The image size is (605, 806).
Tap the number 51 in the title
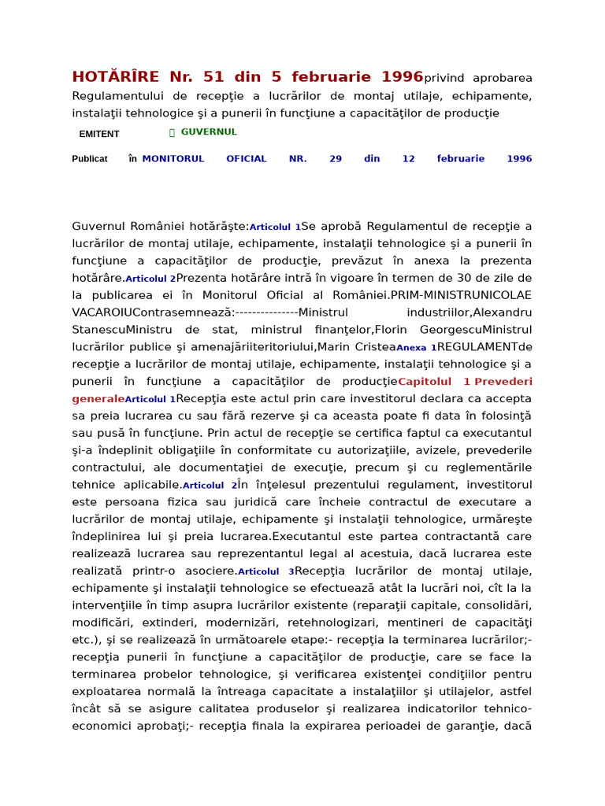tap(213, 77)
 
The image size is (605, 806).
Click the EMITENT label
tap(99, 135)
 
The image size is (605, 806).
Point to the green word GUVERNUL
tap(209, 132)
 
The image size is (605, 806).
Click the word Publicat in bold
tap(90, 159)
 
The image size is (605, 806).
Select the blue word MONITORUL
tap(173, 159)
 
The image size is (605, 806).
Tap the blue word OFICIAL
tap(247, 159)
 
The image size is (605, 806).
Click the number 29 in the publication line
tap(336, 159)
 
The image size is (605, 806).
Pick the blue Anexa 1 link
tap(416, 348)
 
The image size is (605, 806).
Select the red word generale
tap(98, 399)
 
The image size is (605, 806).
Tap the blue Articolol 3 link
tap(265, 571)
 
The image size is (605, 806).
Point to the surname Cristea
tap(375, 347)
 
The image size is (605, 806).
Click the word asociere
tap(209, 571)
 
